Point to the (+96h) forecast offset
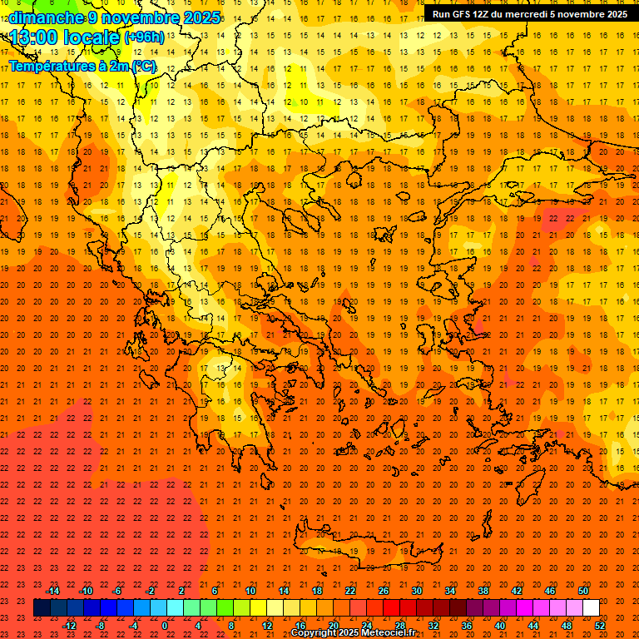pos(143,37)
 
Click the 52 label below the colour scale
pos(600,626)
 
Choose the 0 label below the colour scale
pos(165,626)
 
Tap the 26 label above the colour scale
pos(384,591)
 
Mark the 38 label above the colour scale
pos(483,591)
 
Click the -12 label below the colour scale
pos(69,626)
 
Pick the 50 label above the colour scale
pos(583,591)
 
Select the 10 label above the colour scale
pos(250,591)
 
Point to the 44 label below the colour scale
pos(533,626)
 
